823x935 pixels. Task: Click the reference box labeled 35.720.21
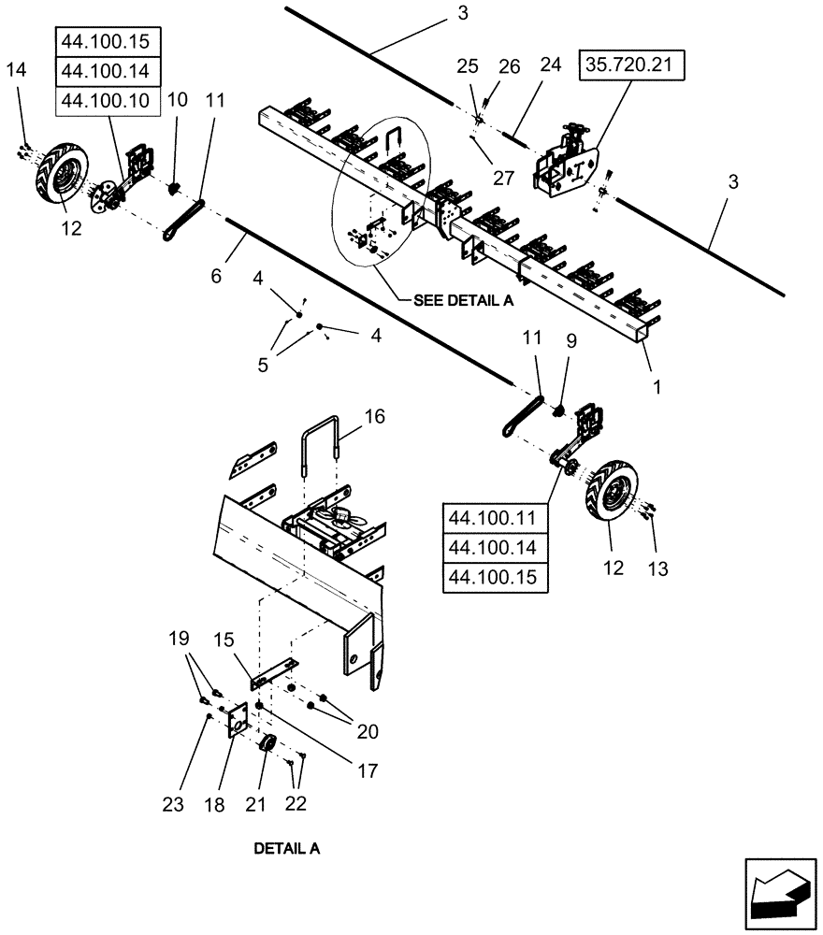[x=634, y=68]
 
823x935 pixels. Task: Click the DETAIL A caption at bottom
[x=286, y=849]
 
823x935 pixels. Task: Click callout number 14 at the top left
[x=18, y=69]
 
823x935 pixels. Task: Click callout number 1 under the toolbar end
[x=654, y=385]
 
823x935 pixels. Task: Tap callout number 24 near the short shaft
[x=550, y=66]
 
